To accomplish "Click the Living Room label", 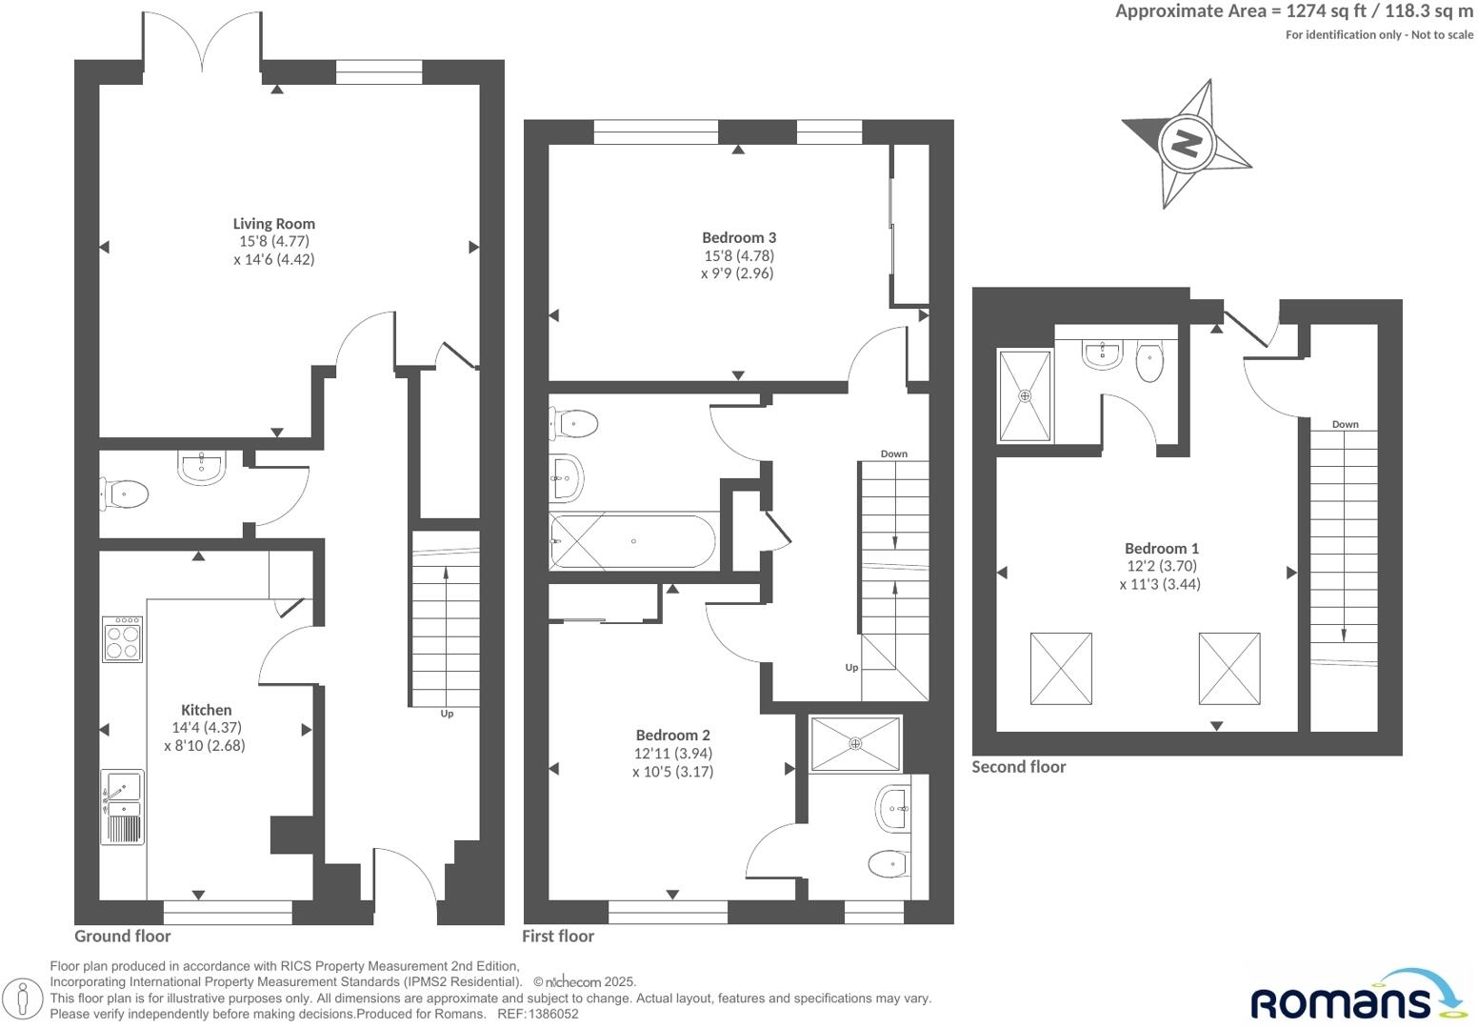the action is [x=273, y=224].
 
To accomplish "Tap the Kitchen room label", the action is [x=207, y=710].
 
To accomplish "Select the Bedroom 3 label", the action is [x=739, y=237].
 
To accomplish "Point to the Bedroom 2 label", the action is [x=672, y=735].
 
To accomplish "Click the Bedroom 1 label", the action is [x=1161, y=548].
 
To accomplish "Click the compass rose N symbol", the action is [x=1186, y=144].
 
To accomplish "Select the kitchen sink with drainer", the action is [x=123, y=807].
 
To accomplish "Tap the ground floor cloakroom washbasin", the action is [x=201, y=468].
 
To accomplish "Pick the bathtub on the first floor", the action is [x=632, y=541].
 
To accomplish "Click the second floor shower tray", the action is [x=1025, y=395].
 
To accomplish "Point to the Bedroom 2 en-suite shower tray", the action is [x=854, y=743].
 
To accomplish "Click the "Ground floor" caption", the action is [x=122, y=936].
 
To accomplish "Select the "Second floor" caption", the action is [x=1018, y=767].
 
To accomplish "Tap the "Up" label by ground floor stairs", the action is [x=447, y=714].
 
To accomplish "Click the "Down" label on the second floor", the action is [x=1345, y=424].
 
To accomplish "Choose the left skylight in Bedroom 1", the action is [x=1061, y=669].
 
